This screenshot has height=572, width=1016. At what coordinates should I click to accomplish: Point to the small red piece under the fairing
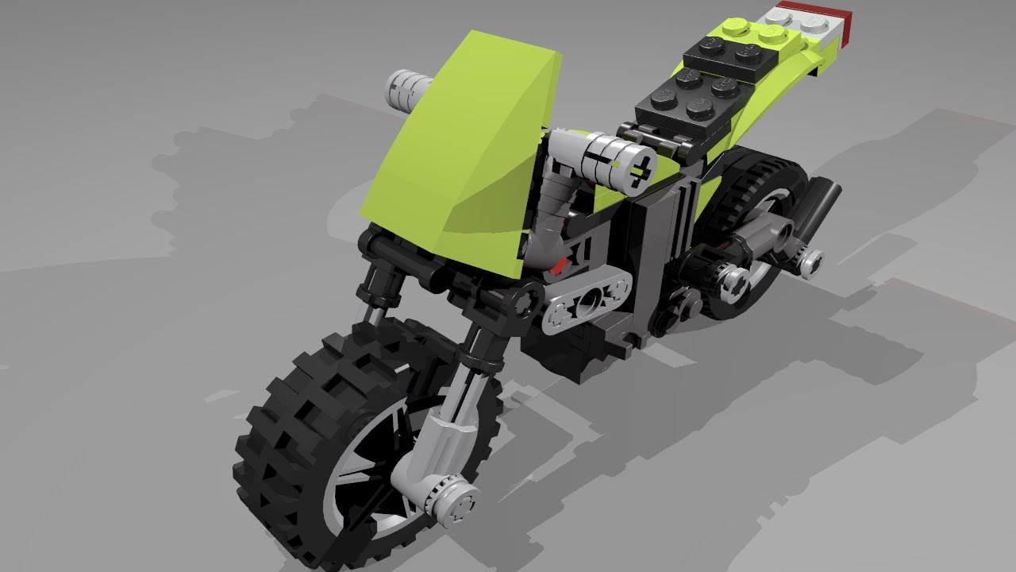[x=560, y=265]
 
